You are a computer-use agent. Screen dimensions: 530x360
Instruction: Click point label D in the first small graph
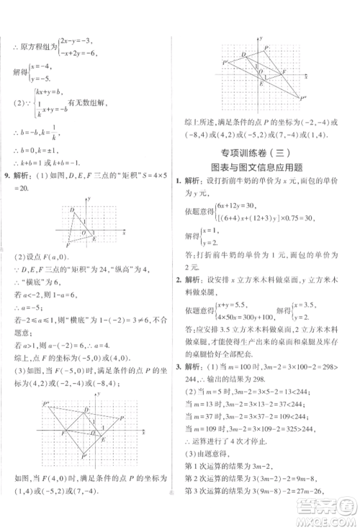pyautogui.click(x=72, y=210)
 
